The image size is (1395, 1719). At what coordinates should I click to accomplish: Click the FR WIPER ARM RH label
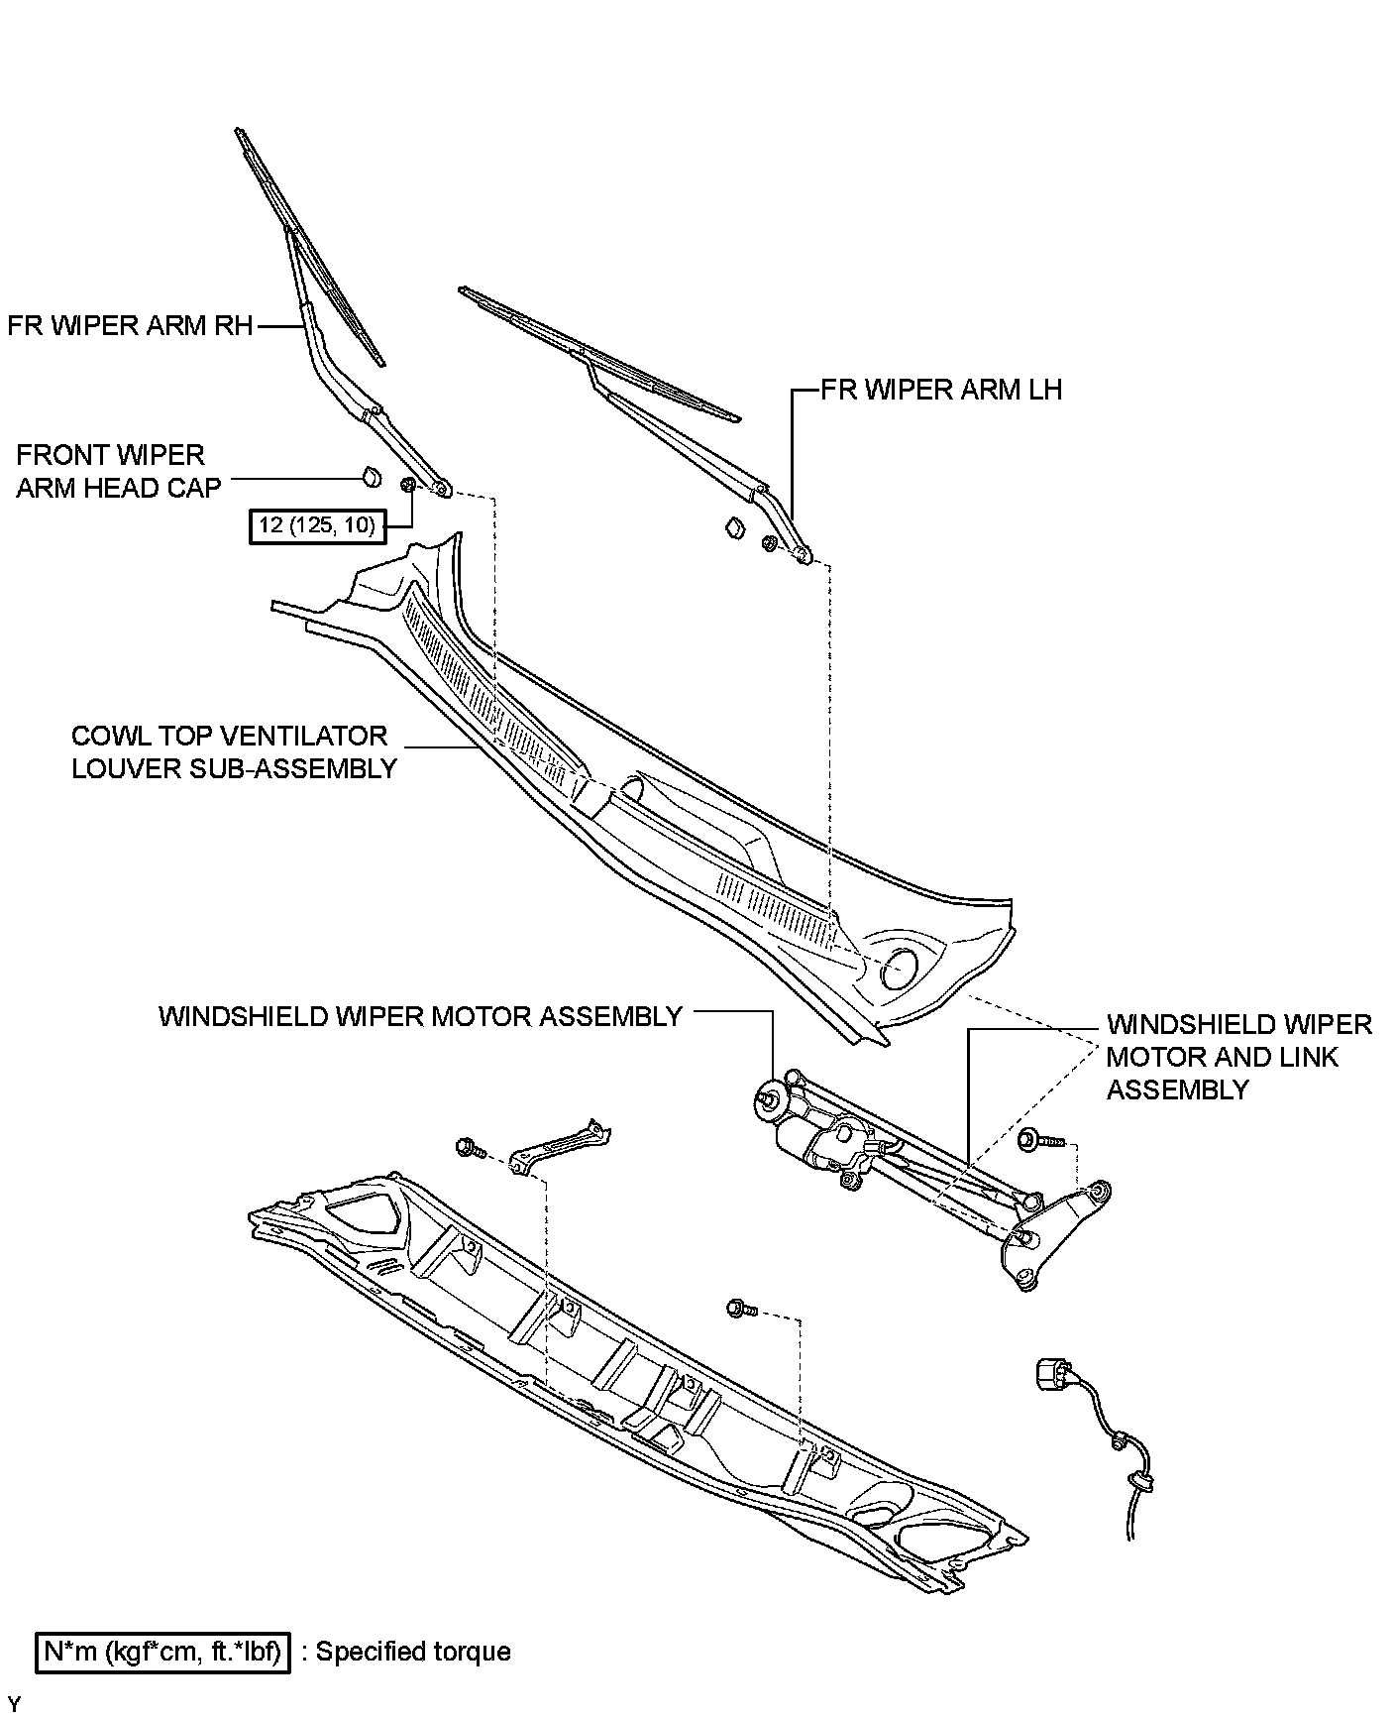click(x=130, y=326)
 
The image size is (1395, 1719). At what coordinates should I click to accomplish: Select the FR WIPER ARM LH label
click(x=941, y=390)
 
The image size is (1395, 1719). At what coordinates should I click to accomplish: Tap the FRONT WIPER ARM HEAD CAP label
click(x=118, y=472)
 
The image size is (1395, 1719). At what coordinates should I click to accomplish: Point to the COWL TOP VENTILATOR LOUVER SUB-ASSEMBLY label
click(x=234, y=751)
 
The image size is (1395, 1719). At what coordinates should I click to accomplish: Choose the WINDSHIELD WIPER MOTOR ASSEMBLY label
click(x=420, y=1016)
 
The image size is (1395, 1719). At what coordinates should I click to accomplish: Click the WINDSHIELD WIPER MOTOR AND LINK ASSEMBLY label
click(x=1238, y=1057)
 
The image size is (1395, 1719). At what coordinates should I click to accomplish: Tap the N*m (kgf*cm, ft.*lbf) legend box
click(x=163, y=1652)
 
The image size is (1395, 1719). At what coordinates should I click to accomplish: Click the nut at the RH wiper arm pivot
click(x=407, y=485)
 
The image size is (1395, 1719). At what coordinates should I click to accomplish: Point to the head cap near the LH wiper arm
click(x=734, y=527)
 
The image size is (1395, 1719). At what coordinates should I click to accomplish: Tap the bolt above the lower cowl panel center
click(x=739, y=1309)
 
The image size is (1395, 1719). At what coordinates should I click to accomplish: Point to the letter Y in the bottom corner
click(x=13, y=1704)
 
